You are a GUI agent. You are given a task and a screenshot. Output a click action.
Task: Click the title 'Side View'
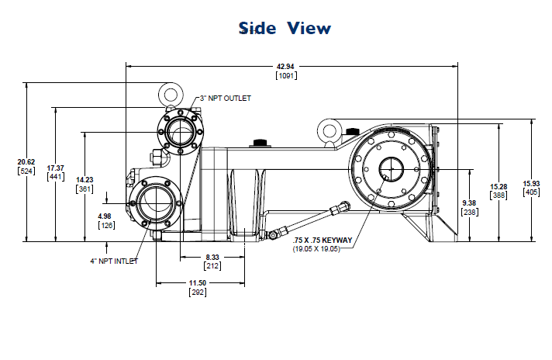click(285, 29)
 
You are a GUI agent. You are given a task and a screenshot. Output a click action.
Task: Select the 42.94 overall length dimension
click(286, 67)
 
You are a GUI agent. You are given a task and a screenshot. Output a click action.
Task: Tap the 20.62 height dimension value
click(26, 161)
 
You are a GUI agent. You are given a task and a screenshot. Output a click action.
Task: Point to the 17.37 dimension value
click(56, 168)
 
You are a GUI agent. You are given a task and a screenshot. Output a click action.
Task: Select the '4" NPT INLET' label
click(113, 261)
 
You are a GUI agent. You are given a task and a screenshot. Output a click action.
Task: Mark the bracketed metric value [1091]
click(286, 75)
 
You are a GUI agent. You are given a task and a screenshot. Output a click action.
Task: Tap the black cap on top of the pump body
click(258, 143)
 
